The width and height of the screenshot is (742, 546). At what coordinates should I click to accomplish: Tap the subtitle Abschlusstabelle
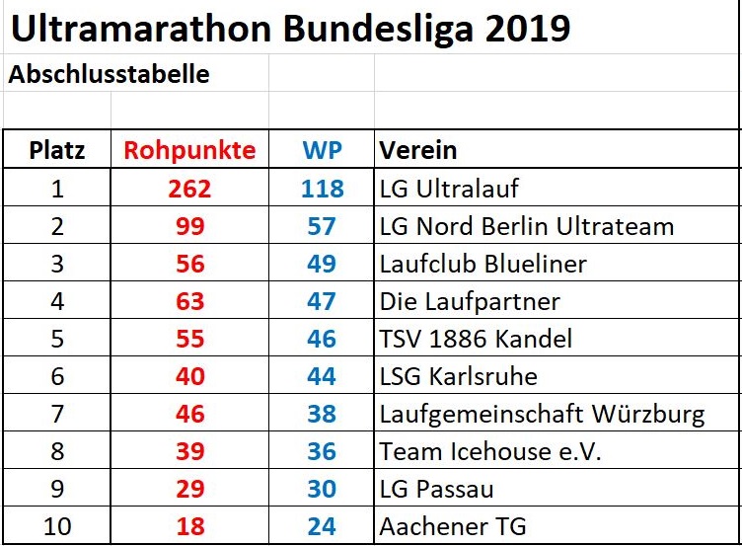109,75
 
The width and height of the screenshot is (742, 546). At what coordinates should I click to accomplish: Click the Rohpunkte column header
189,150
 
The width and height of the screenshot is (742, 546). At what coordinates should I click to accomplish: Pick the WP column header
322,150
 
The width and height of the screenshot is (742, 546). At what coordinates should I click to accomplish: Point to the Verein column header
418,150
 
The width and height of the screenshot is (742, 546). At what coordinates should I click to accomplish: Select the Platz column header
57,150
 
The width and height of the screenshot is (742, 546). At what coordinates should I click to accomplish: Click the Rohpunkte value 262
189,189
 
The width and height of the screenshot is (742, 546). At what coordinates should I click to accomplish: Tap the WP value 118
322,189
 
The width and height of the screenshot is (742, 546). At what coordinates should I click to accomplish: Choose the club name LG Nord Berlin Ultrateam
526,226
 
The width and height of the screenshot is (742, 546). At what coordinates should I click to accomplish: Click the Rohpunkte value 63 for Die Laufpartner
189,301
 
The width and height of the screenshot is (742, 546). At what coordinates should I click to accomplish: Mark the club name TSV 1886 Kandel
476,339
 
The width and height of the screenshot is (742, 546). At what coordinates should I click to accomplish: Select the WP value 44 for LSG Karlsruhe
322,376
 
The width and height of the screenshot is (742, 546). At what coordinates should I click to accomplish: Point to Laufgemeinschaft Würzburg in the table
542,414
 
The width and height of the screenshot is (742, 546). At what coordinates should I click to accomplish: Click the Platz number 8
57,451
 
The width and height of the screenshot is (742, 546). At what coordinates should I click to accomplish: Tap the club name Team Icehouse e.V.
490,451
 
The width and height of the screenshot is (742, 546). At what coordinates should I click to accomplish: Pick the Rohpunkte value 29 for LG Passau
189,489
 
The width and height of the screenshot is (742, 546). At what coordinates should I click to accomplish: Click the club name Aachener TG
453,526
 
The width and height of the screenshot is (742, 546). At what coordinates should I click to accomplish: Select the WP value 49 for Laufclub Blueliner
322,264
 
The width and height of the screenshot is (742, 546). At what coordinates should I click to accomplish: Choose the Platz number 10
57,526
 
